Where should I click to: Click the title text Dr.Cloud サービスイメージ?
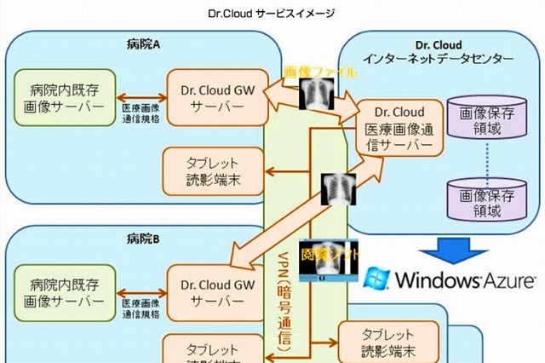pos(272,14)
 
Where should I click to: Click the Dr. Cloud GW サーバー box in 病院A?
pos(209,96)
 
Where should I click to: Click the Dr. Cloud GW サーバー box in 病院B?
pos(209,291)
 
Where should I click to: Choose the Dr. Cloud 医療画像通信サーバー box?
pos(400,129)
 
